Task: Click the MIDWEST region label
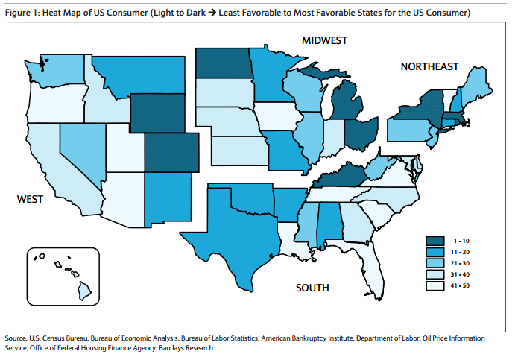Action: coord(325,40)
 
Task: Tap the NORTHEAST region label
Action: coord(429,67)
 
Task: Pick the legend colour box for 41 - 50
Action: coord(436,286)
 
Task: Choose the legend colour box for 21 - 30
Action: coord(436,263)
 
